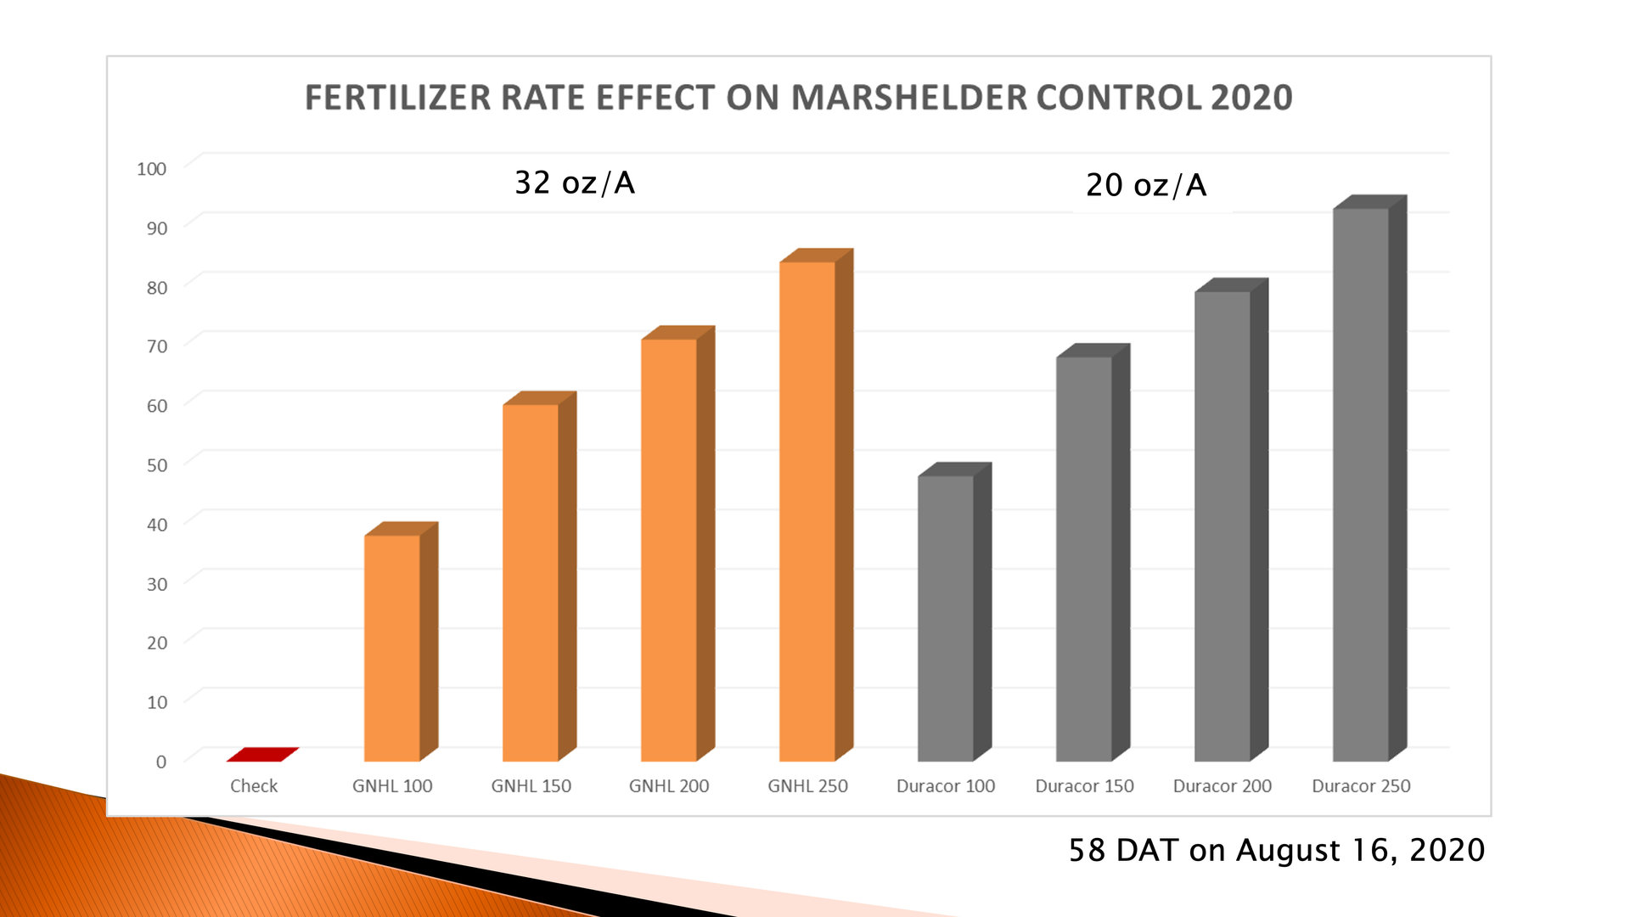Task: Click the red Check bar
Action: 262,754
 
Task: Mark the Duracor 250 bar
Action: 1361,484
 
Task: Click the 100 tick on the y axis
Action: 151,168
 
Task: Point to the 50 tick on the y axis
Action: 156,464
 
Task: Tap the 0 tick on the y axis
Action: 160,762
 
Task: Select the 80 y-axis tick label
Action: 156,287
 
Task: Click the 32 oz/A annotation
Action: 575,183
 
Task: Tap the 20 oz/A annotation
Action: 1146,185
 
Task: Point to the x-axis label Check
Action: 254,785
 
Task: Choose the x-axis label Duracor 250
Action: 1361,785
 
